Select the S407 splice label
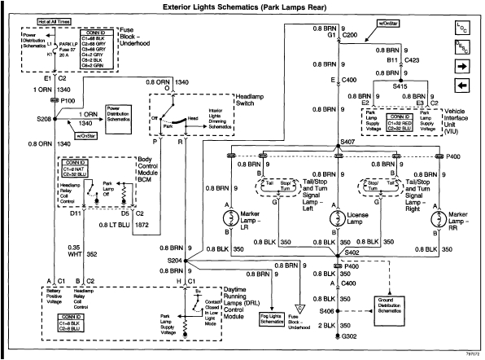350,143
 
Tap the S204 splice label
174,261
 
